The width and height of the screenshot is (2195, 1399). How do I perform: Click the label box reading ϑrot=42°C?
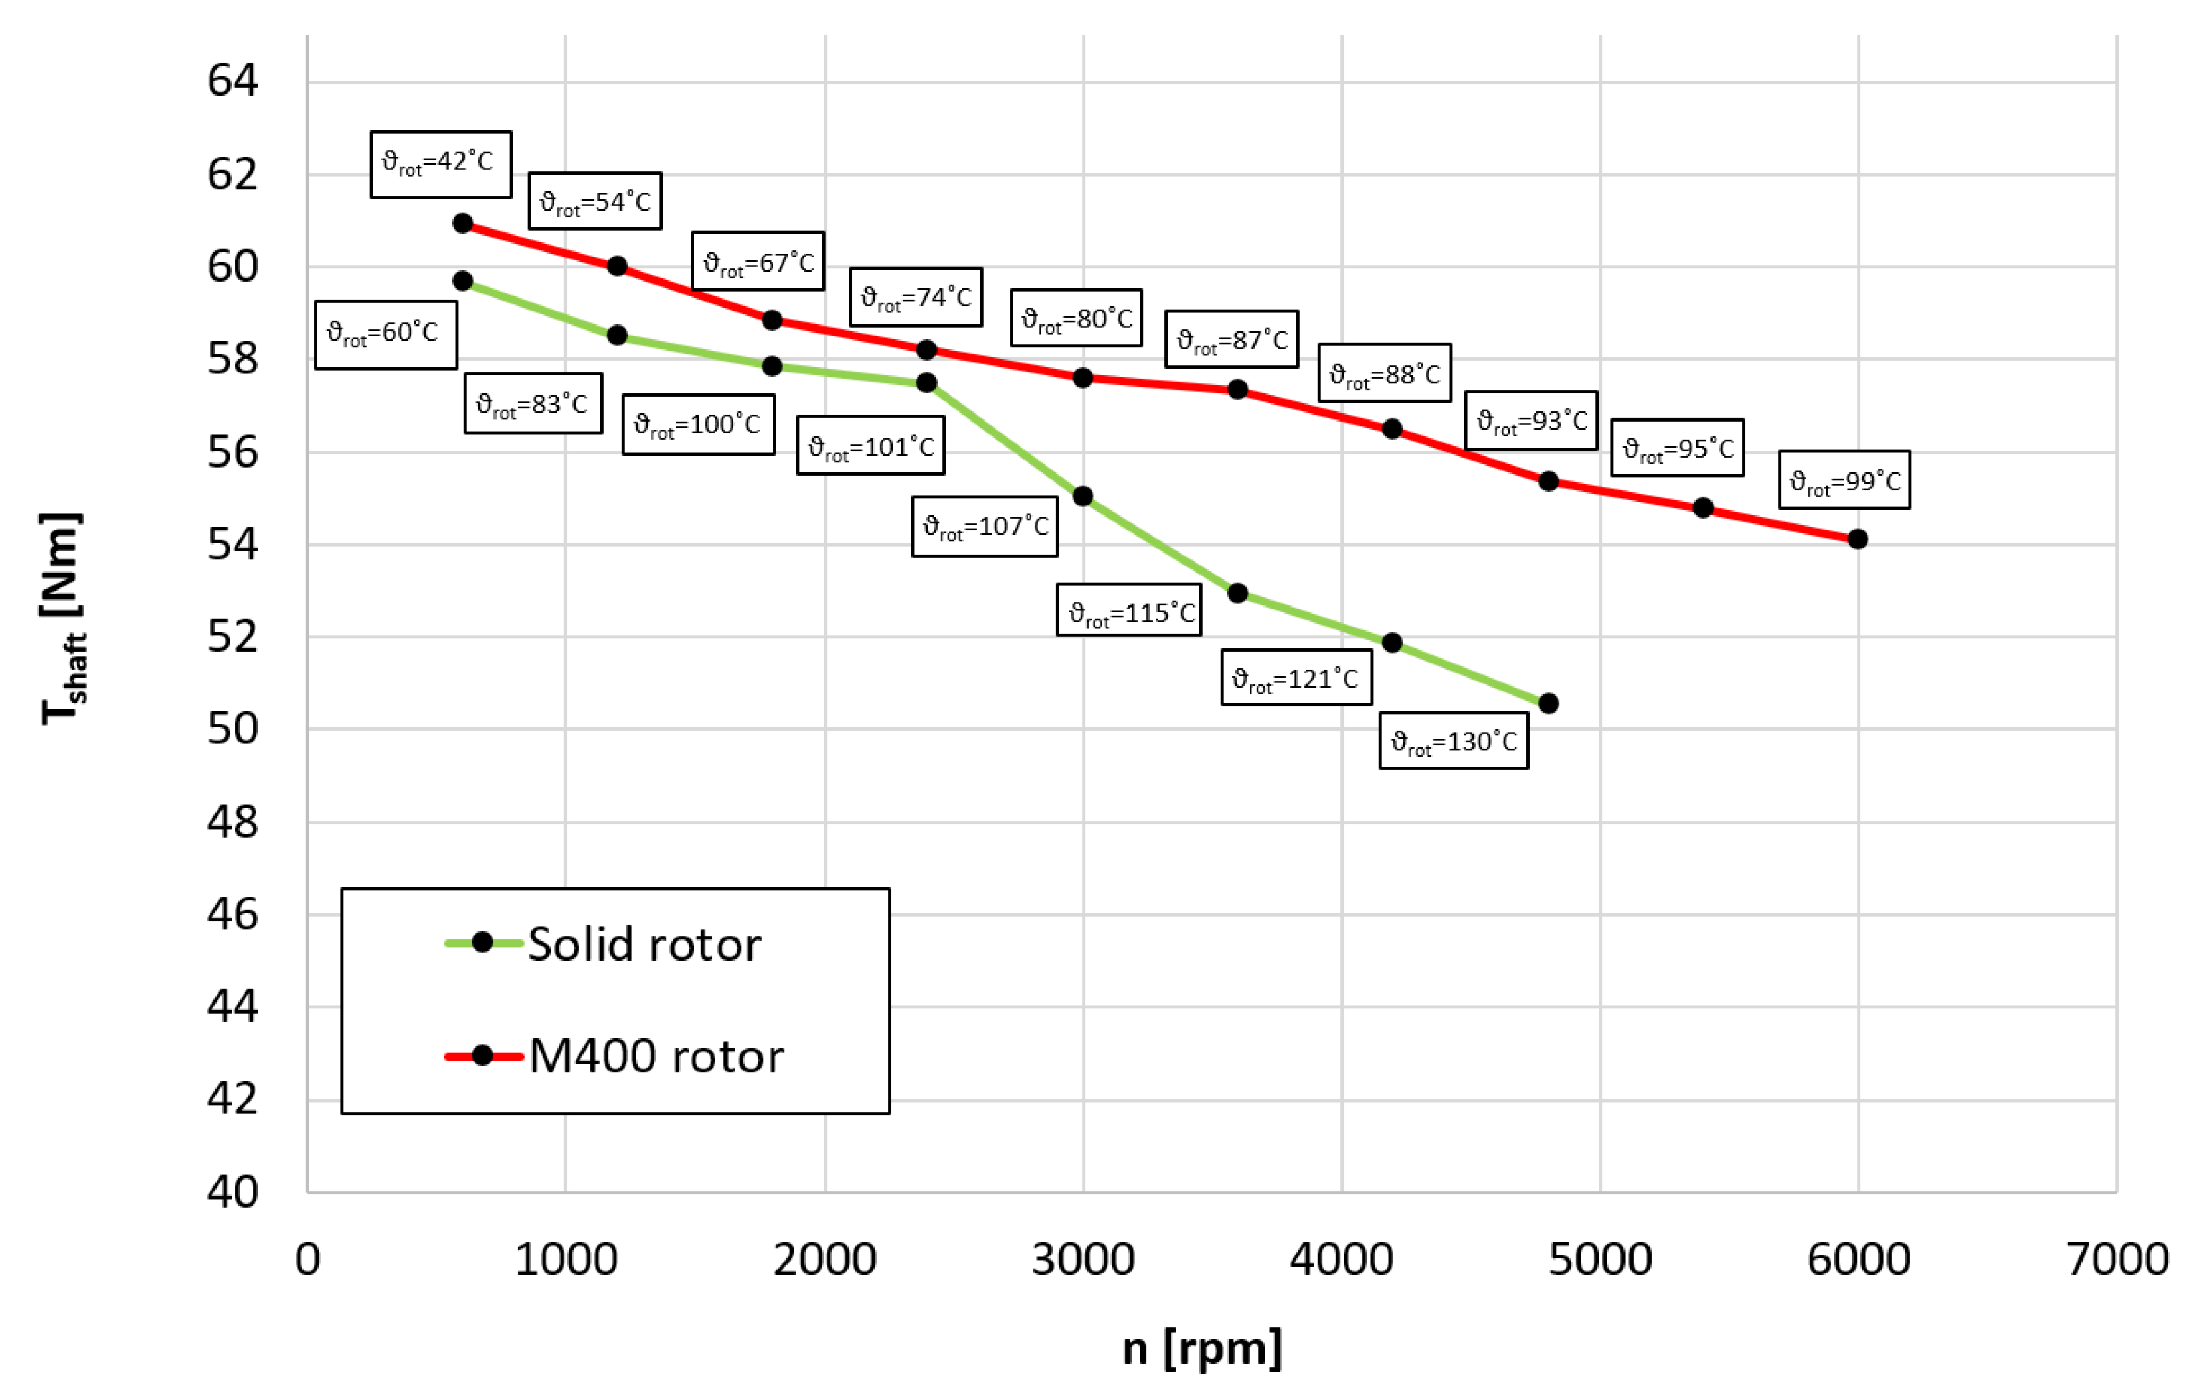click(440, 164)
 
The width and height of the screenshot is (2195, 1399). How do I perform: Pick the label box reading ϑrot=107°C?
click(984, 527)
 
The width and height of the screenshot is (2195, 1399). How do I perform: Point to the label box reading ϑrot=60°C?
click(385, 334)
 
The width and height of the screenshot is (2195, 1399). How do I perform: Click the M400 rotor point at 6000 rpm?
click(1857, 539)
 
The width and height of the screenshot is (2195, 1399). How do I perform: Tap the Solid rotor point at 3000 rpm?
click(1083, 496)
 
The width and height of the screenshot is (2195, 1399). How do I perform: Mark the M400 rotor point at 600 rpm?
click(463, 223)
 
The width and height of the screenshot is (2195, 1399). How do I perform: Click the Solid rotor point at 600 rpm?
click(463, 281)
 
